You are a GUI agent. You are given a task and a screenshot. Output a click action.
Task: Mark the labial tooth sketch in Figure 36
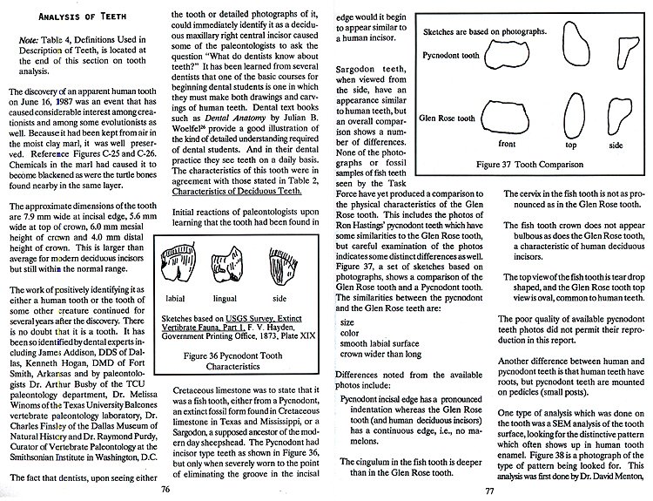click(x=180, y=264)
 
